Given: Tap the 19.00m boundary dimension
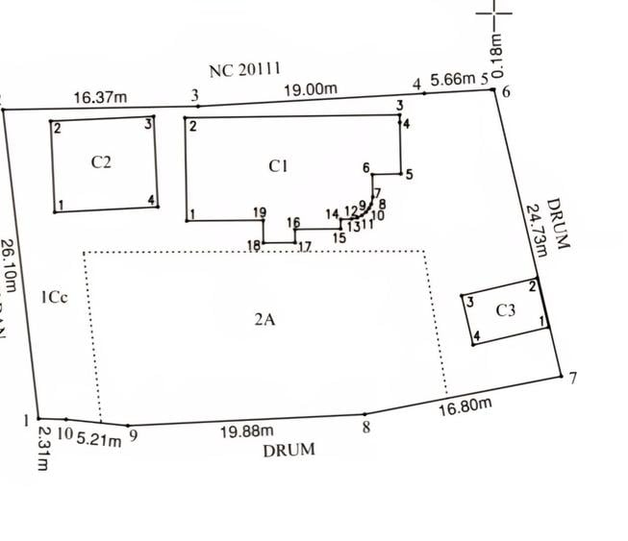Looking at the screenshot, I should [x=310, y=89].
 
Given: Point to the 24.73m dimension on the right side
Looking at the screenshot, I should [x=536, y=228].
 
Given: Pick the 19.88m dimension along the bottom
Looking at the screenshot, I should [x=247, y=431].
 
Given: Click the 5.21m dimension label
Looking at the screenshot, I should [x=98, y=440].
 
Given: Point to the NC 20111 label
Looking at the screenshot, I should [x=244, y=69].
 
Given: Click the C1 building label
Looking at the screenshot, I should [x=278, y=166].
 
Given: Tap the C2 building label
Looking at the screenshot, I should [x=101, y=161].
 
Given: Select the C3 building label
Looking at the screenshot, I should [x=506, y=310].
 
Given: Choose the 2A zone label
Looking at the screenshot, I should [x=264, y=320].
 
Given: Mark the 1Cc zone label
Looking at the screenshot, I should [x=54, y=298].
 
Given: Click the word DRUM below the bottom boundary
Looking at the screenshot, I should [x=289, y=449].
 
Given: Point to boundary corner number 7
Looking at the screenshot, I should [x=573, y=378].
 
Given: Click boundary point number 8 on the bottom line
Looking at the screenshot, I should [x=365, y=427].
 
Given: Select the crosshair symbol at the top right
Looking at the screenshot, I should [x=496, y=14].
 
